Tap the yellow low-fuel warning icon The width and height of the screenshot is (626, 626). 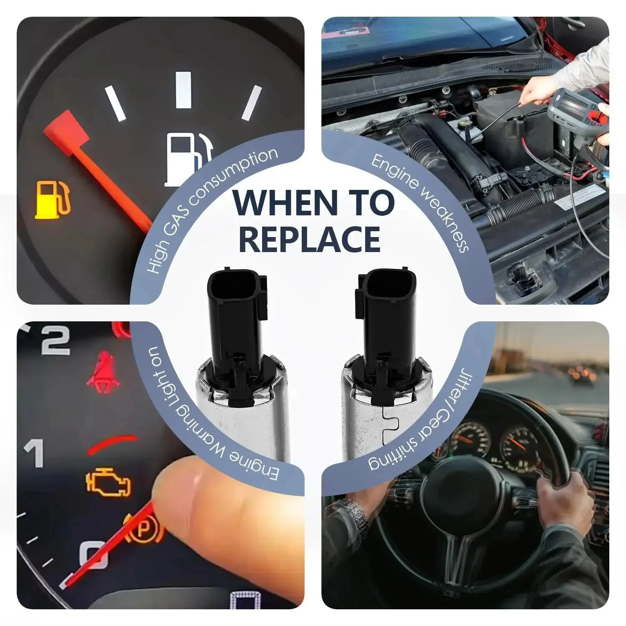[53, 199]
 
